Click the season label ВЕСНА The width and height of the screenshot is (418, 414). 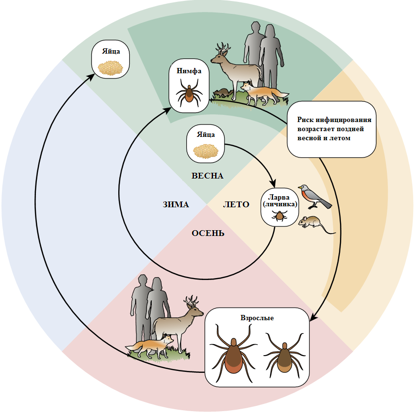point(207,176)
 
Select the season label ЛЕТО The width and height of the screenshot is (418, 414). point(236,204)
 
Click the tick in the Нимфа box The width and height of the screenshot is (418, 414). point(189,93)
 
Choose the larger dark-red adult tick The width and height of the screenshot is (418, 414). point(232,352)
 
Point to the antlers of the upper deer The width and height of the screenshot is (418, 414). point(223,48)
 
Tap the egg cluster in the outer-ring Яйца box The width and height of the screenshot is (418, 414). point(111,67)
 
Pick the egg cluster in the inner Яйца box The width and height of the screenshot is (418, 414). point(205,150)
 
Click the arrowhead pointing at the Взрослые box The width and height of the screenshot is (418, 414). point(313,317)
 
